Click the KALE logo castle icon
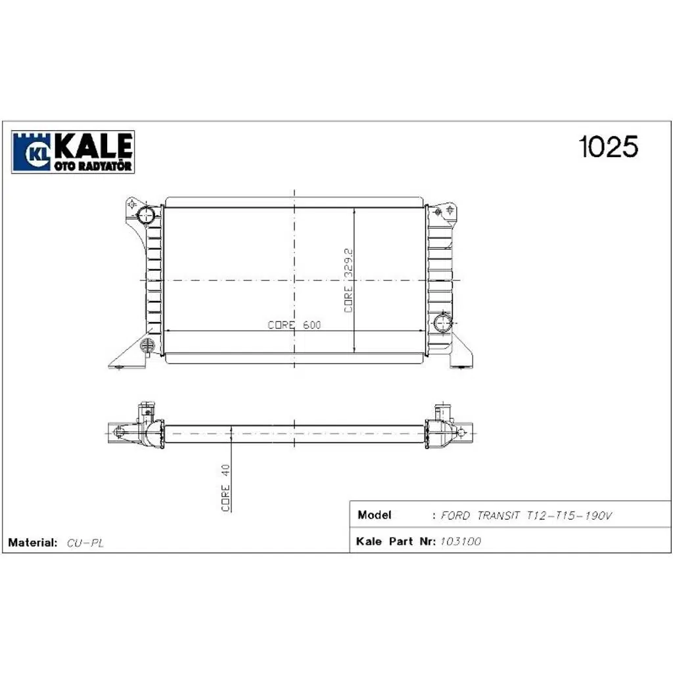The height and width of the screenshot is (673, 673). [32, 152]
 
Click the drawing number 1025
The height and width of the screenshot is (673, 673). [607, 147]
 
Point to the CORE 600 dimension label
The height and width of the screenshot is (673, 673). [294, 325]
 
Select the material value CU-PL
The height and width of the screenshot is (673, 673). [86, 544]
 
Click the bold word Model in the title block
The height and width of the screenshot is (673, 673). [375, 515]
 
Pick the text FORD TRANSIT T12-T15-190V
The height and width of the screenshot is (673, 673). [526, 516]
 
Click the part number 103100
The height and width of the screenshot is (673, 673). [459, 542]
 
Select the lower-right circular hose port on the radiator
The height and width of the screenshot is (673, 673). [444, 322]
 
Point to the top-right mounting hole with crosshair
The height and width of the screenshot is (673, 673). [450, 210]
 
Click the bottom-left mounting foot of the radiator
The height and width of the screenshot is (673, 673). [125, 360]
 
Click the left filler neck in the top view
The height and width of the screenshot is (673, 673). [145, 413]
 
